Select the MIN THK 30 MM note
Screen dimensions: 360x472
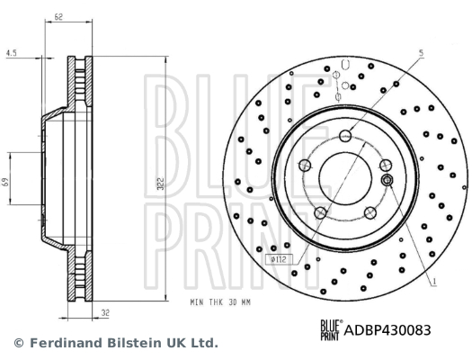coord(219,302)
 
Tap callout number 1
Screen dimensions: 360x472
coord(435,283)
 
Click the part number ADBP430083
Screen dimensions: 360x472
coord(389,329)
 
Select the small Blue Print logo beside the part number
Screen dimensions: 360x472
coord(330,329)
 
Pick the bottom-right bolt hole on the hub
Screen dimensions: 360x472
coord(370,212)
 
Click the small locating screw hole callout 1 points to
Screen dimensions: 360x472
coord(387,181)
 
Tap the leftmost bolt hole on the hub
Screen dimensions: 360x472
coord(305,166)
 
